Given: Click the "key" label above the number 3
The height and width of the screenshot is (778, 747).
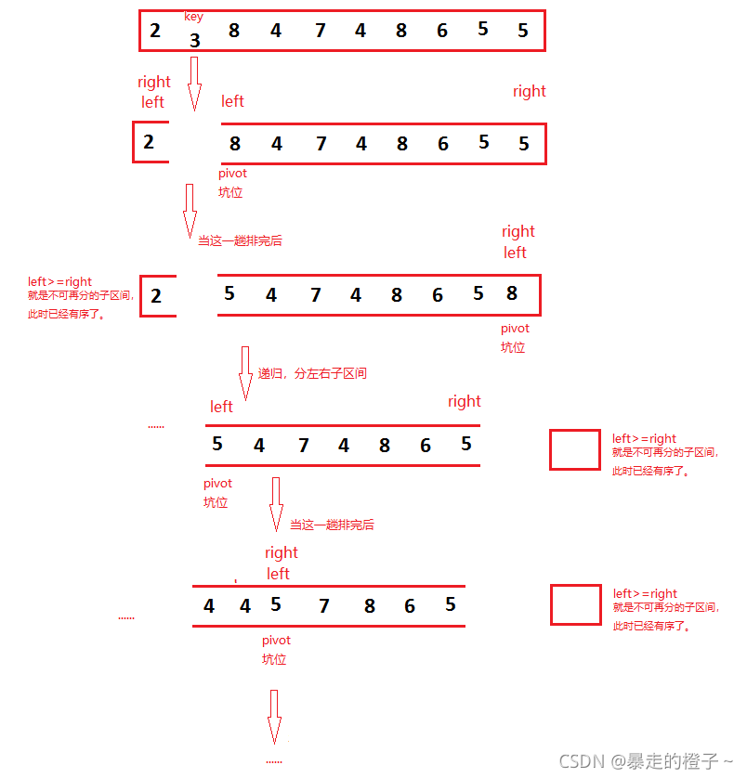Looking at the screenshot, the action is coord(193,17).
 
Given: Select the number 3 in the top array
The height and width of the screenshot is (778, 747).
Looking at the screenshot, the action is coord(194,41).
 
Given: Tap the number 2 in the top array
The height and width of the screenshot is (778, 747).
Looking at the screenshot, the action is coord(155,31).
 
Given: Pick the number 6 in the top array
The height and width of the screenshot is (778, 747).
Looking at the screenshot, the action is coord(442,31).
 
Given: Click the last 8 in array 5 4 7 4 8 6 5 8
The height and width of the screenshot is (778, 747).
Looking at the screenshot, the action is coord(512,293).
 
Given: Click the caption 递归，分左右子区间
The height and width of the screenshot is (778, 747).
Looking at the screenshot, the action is coord(312,373).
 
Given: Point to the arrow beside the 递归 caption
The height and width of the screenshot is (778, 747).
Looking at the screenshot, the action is coord(246,373).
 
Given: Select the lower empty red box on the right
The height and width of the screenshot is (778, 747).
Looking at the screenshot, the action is coord(575,604).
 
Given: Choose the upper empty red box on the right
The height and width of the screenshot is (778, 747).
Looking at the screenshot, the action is coord(574,449).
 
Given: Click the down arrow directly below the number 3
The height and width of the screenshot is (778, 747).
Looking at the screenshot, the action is coord(194,84).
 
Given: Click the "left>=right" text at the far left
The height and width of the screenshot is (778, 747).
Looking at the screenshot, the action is coord(59,281).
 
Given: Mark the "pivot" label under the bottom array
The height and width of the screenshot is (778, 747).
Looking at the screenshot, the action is coord(276,640).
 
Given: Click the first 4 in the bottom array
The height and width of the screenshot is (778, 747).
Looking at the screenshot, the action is coord(209,606).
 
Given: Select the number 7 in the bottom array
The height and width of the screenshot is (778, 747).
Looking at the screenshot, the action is coord(323,606).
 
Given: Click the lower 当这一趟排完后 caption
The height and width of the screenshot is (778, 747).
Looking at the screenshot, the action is coord(332,525).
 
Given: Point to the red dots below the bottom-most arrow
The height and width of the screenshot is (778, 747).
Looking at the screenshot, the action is coord(274,760).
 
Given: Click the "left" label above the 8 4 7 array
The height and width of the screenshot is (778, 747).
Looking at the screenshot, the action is coord(232,101).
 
